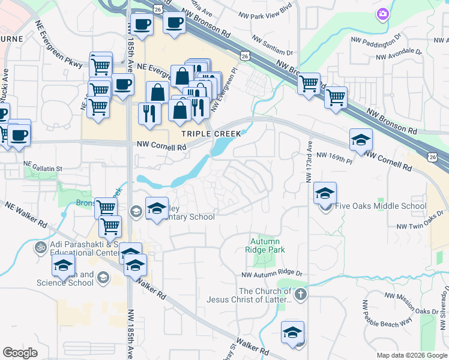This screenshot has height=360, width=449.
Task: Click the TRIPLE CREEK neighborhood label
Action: click(212, 134)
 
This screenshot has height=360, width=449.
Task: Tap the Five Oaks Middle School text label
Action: click(382, 206)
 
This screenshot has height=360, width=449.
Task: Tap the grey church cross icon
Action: click(301, 294)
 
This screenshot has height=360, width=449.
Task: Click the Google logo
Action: click(20, 352)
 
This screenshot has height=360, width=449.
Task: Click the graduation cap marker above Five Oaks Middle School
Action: click(325, 193)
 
